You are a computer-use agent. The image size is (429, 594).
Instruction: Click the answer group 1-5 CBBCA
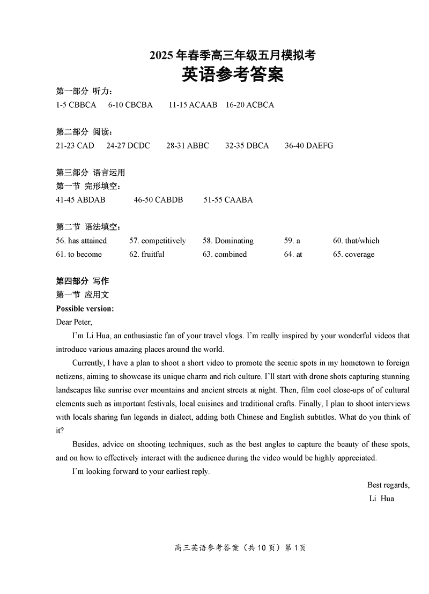tap(76, 105)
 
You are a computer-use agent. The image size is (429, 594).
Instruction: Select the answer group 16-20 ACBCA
tap(250, 105)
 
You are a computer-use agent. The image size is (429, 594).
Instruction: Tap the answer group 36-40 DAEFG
tap(309, 146)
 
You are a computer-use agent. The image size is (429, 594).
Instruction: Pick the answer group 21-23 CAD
tap(75, 146)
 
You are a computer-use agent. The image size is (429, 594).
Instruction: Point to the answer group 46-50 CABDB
tap(158, 200)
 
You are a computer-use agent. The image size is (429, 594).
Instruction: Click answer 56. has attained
tap(82, 241)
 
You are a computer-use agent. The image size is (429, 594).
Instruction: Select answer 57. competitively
tap(158, 241)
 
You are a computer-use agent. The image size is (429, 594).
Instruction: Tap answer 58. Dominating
tap(228, 241)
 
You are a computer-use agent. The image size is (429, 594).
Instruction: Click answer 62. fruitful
tap(147, 255)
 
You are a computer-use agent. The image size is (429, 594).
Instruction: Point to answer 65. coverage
tap(354, 255)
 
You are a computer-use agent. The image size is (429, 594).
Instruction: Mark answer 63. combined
tap(225, 255)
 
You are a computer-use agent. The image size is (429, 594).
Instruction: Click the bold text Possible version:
tap(85, 309)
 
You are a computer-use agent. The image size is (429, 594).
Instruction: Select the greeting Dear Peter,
tap(74, 322)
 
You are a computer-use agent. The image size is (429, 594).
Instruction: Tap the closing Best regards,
tap(388, 485)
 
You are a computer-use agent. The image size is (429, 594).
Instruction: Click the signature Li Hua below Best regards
tap(382, 499)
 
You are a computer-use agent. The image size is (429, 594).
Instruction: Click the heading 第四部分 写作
tap(83, 281)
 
